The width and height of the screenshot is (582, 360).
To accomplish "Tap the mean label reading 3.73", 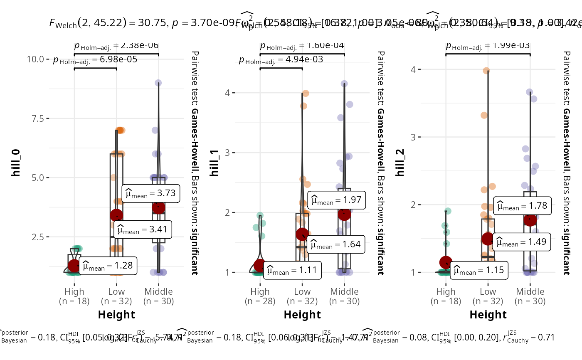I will pyautogui.click(x=151, y=194).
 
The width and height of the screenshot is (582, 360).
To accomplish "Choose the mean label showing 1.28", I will pyautogui.click(x=108, y=266).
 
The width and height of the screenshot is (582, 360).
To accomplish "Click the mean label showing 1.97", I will pyautogui.click(x=337, y=200).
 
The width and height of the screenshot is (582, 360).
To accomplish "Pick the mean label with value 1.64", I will pyautogui.click(x=337, y=244).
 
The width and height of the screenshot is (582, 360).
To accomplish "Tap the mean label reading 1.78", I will pyautogui.click(x=523, y=206).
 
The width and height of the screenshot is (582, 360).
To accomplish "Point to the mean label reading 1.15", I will pyautogui.click(x=479, y=271).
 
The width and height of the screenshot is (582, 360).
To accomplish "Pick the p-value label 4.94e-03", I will pyautogui.click(x=281, y=61).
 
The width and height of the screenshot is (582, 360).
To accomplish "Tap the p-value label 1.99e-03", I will pyautogui.click(x=488, y=46).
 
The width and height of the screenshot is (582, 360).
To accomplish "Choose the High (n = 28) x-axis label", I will pyautogui.click(x=260, y=296).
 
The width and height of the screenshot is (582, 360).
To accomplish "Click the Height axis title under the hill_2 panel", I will pyautogui.click(x=488, y=315).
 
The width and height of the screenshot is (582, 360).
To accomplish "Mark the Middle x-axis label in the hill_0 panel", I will pyautogui.click(x=158, y=296).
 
